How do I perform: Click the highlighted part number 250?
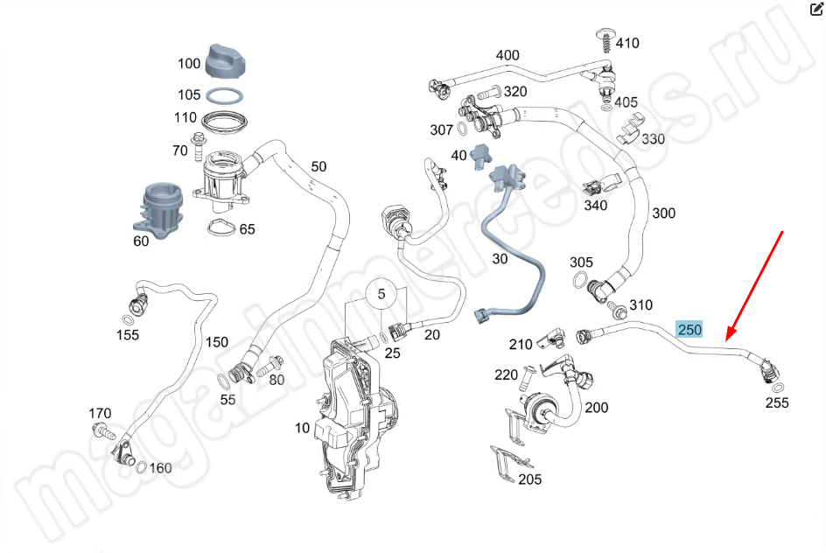coord(689,330)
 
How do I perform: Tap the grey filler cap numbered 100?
coord(227,59)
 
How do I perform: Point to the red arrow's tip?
coord(726,338)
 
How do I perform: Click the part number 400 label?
coord(507,56)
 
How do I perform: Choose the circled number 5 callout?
coord(381,294)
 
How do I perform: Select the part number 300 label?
coord(663,213)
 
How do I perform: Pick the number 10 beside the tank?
coord(302,428)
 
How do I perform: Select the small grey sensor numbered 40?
coord(479,155)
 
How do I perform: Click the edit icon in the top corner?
coord(816,10)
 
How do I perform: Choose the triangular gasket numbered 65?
coord(220,230)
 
